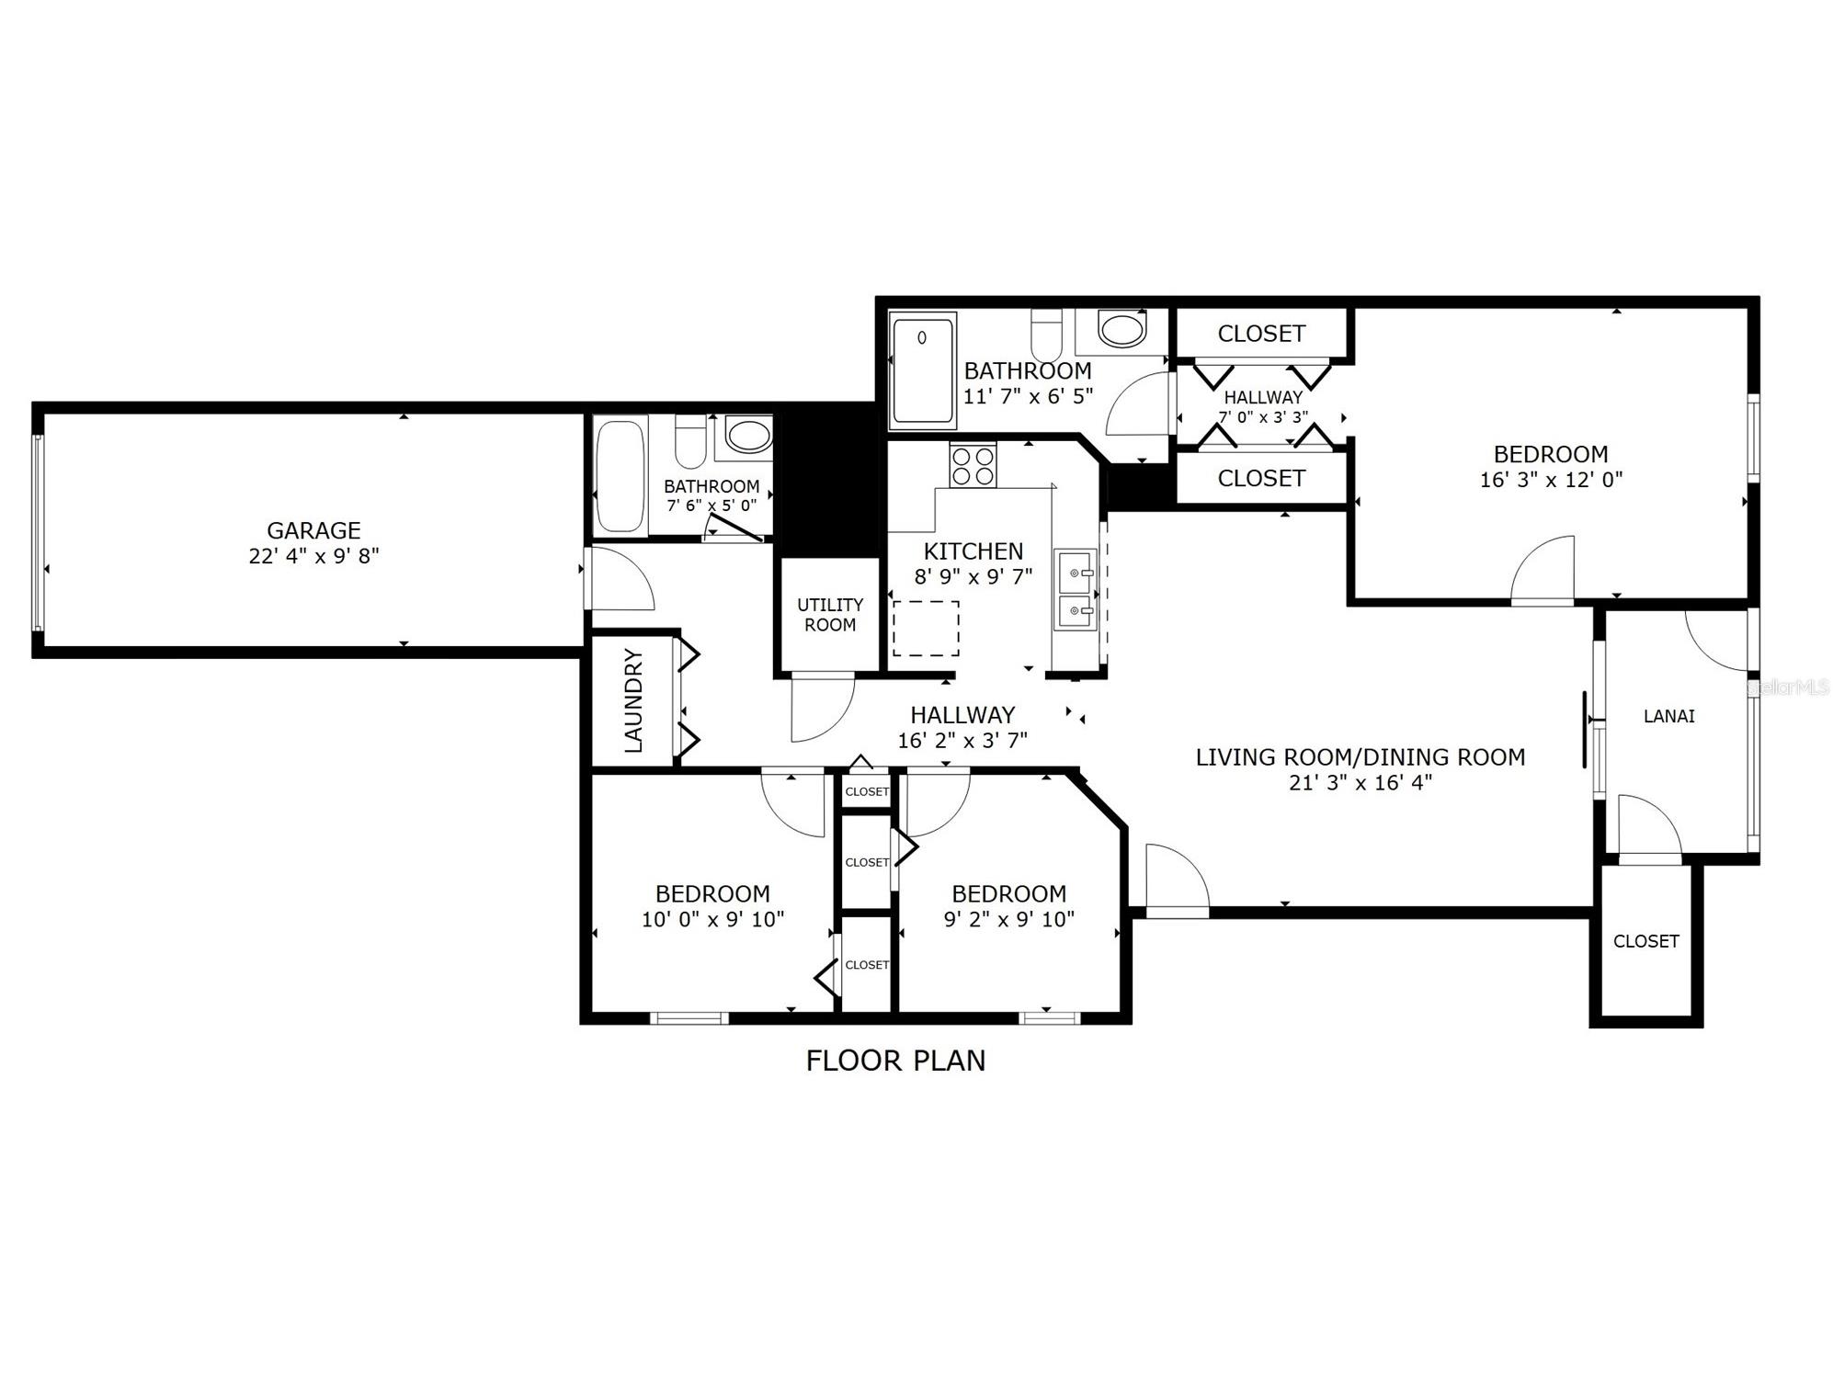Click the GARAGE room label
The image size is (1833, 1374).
coord(313,530)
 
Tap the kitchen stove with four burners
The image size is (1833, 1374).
coord(973,465)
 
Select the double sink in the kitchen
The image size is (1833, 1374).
coord(1075,589)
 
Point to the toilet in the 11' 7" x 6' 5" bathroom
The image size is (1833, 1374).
coord(1045,335)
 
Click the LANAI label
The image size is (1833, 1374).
coord(1668,716)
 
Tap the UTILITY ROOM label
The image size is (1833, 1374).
coord(830,615)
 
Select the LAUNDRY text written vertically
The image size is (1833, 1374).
coord(633,701)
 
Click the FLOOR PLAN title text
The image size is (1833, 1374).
coord(895,1061)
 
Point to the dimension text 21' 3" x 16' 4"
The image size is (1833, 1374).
coord(1360,783)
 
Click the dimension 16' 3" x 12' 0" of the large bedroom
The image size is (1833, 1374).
coord(1551,480)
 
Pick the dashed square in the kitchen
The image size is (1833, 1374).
coord(926,629)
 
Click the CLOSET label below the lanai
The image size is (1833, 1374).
coord(1645,941)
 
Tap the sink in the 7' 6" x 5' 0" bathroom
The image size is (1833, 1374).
coord(748,435)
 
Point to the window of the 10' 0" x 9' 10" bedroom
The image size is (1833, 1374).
coord(689,1017)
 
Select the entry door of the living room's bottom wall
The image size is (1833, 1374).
coord(1177,882)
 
